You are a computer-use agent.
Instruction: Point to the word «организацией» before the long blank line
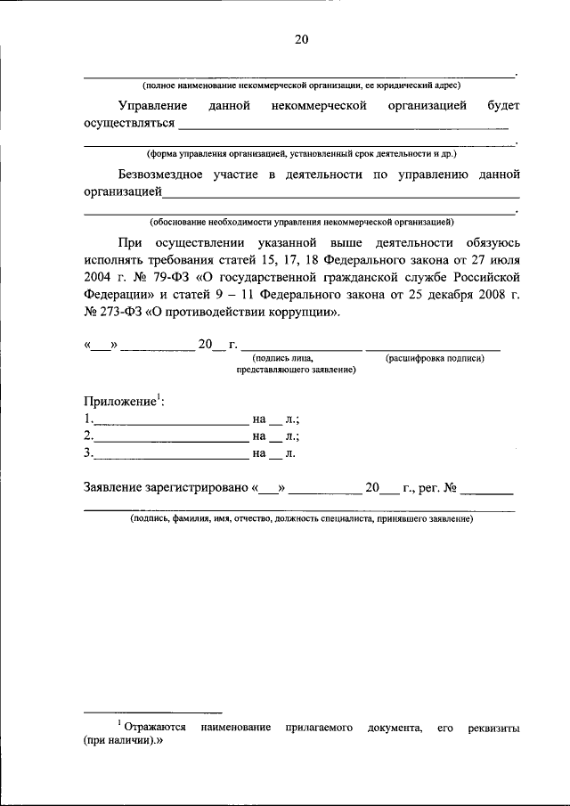click(x=122, y=191)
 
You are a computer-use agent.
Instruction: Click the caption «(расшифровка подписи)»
click(x=435, y=358)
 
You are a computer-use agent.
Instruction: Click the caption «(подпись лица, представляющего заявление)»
click(x=296, y=363)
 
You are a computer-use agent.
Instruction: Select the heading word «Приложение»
click(x=120, y=402)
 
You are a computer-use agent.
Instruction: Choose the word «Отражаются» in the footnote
click(x=154, y=728)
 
